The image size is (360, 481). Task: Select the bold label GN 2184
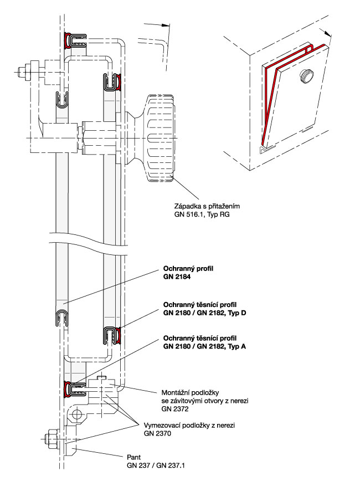177,276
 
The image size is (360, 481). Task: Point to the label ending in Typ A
204,346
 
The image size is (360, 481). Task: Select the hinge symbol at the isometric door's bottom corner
265,150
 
